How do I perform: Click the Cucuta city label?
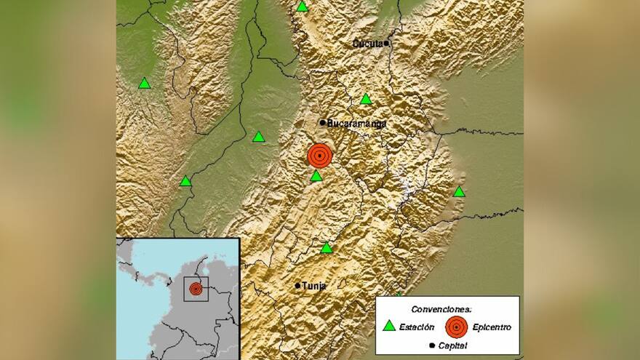click(368, 44)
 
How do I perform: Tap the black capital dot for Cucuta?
click(387, 43)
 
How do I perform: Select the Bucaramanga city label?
click(356, 124)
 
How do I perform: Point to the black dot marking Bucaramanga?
click(322, 122)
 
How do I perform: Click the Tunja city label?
click(314, 286)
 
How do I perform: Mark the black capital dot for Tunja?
click(297, 286)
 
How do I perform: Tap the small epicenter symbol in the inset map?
click(196, 289)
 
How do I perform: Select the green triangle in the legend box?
click(390, 326)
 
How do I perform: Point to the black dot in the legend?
click(432, 345)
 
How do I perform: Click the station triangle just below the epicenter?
click(316, 176)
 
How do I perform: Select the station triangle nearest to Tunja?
click(327, 248)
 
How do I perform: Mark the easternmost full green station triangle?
click(459, 192)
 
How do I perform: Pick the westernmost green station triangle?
click(145, 84)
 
